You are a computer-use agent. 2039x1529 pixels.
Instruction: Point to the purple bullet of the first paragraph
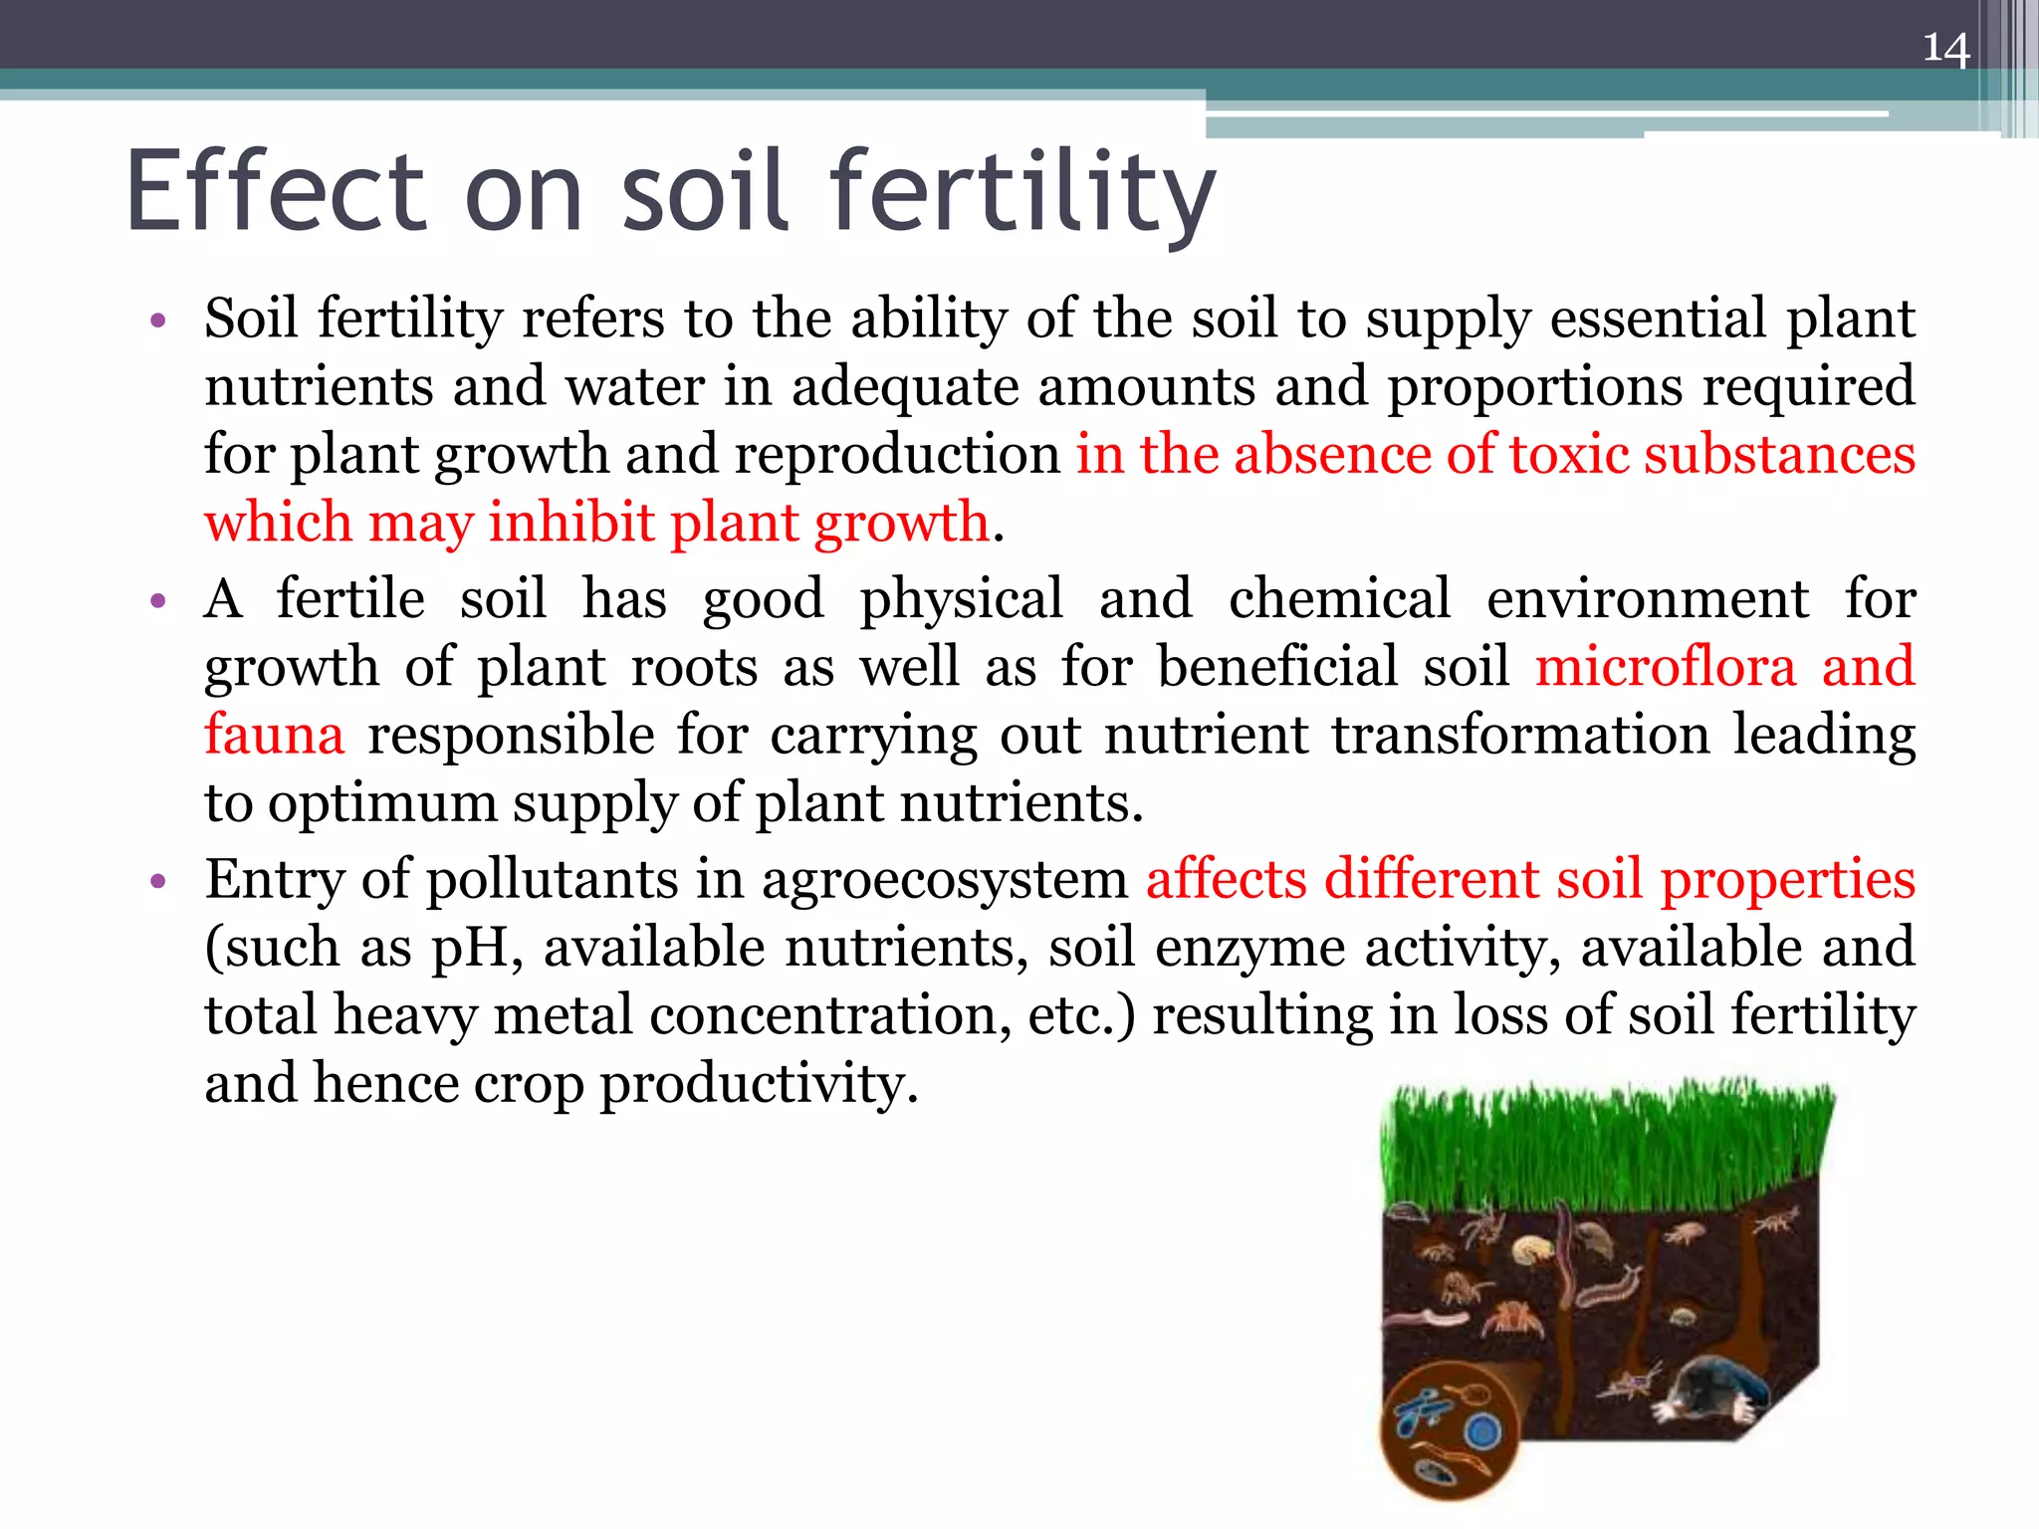[x=157, y=321]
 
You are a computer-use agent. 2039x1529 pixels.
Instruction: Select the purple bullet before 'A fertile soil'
[x=157, y=601]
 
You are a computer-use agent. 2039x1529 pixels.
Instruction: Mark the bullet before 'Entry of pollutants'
[x=157, y=881]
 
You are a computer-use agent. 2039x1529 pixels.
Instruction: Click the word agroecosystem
[x=944, y=880]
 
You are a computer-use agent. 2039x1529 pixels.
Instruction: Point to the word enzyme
[x=1250, y=948]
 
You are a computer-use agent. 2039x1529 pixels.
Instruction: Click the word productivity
[x=759, y=1084]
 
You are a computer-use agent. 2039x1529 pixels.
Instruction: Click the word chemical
[x=1339, y=599]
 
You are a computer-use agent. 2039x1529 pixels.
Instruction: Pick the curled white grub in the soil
[x=1532, y=1248]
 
